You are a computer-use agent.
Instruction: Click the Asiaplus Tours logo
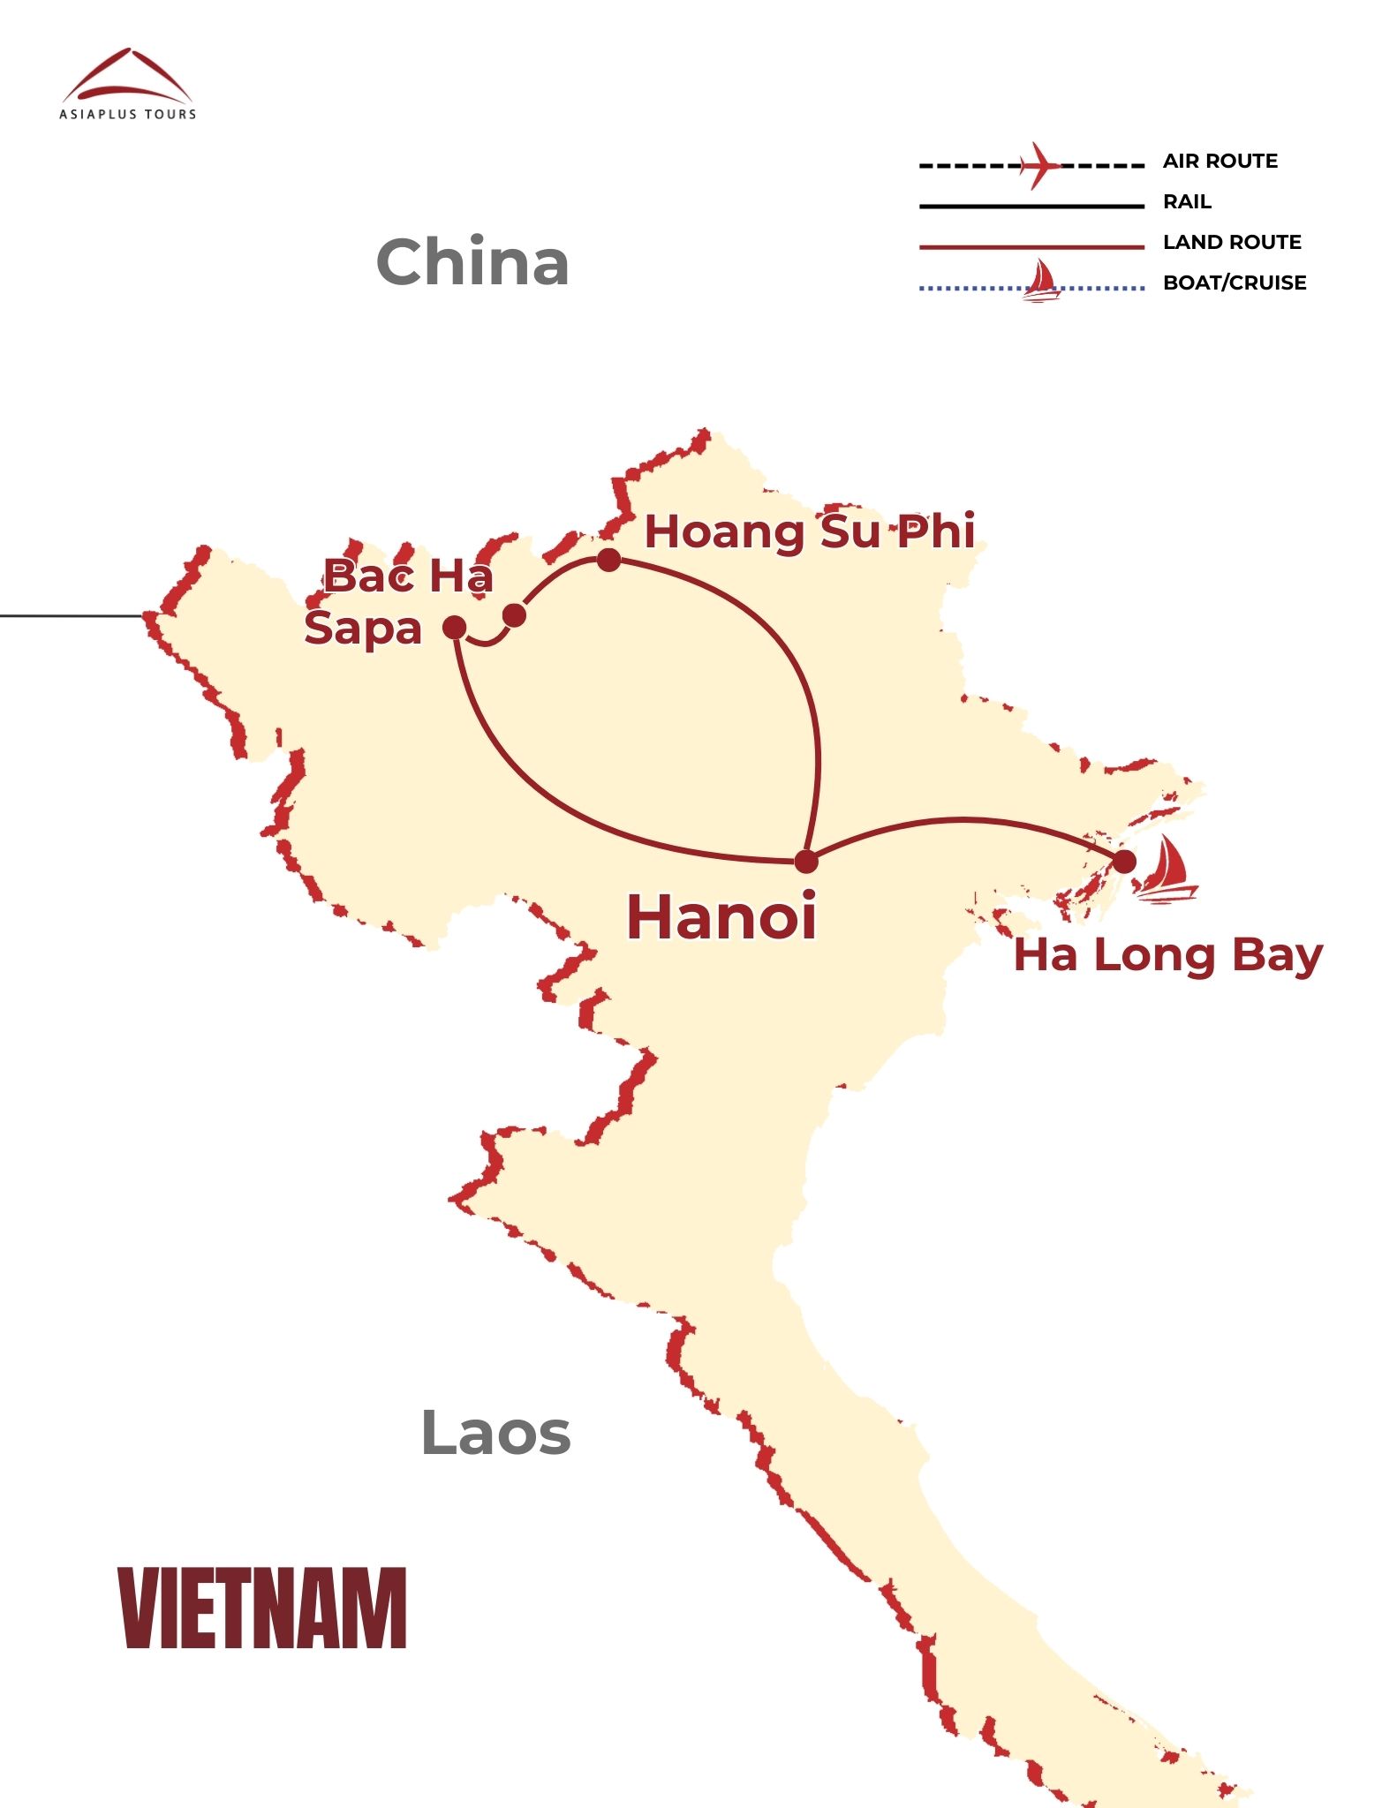tap(128, 85)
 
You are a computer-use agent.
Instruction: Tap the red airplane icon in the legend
tap(1038, 165)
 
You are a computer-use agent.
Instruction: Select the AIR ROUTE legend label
tap(1220, 162)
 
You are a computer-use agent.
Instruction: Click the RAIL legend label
tap(1187, 202)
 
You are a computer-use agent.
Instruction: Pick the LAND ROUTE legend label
tap(1232, 243)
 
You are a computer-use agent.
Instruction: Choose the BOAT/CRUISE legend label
tap(1234, 283)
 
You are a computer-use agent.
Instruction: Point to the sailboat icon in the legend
tap(1042, 282)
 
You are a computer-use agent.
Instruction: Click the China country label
tap(472, 262)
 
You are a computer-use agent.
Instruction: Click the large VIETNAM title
tap(262, 1608)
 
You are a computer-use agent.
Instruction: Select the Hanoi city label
tap(721, 916)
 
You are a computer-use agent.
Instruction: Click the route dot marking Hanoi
tap(806, 862)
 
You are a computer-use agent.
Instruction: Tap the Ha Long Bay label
tap(1167, 955)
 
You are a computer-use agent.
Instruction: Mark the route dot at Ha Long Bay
tap(1123, 862)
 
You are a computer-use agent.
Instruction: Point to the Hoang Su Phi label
tap(810, 531)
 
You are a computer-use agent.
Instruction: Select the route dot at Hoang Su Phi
tap(608, 560)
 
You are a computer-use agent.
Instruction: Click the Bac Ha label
tap(408, 576)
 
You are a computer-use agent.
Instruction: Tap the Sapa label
tap(363, 629)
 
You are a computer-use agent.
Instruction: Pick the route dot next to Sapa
tap(454, 628)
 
